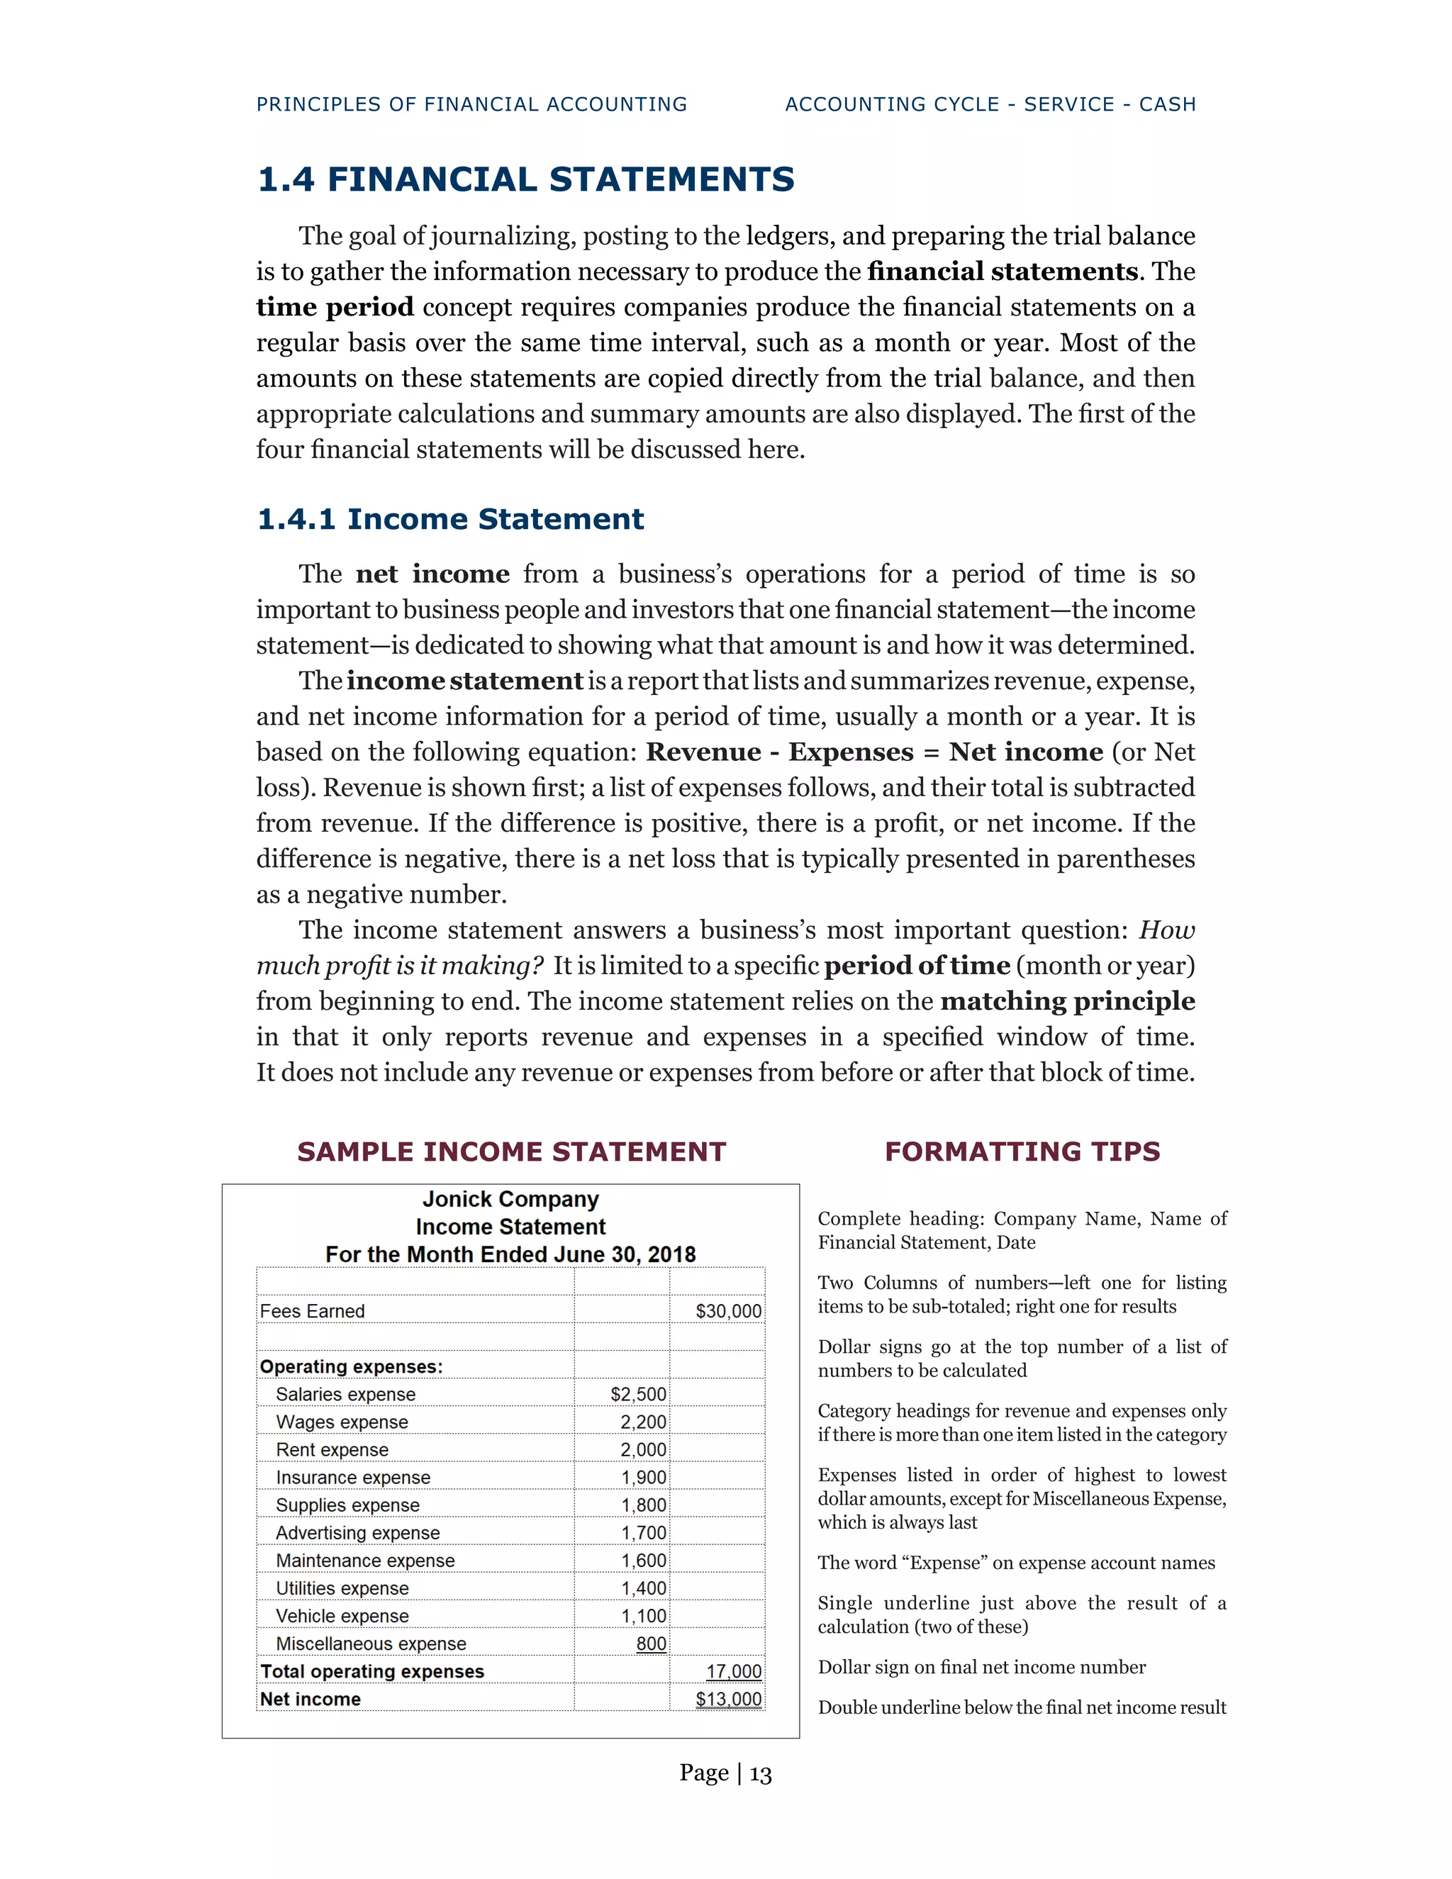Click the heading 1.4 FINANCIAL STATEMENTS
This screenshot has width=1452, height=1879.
[525, 180]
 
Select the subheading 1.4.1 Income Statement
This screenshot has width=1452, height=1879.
[450, 520]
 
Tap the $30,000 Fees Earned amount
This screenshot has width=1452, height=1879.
[727, 1311]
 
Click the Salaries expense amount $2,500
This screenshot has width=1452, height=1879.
[638, 1395]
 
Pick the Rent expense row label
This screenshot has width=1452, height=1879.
[332, 1450]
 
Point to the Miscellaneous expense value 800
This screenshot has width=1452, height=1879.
[651, 1644]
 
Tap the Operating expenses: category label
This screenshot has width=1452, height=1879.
[351, 1367]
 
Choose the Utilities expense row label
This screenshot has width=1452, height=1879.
[342, 1588]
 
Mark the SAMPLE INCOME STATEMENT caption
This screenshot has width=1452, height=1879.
[511, 1152]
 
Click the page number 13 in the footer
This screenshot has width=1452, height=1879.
[761, 1774]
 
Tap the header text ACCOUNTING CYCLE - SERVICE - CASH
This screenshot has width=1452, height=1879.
[990, 105]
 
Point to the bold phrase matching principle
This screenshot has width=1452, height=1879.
[1068, 1001]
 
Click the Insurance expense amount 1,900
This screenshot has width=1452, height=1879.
[644, 1477]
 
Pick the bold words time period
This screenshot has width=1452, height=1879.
[335, 307]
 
